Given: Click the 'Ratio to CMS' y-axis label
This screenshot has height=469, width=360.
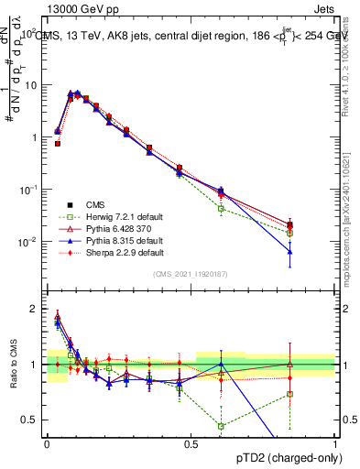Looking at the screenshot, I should (x=12, y=364).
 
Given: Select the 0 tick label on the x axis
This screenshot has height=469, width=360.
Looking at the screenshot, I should (x=47, y=442).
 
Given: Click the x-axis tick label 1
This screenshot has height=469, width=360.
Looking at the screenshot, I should (x=335, y=442).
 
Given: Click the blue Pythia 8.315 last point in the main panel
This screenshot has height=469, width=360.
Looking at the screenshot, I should (x=289, y=251).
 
